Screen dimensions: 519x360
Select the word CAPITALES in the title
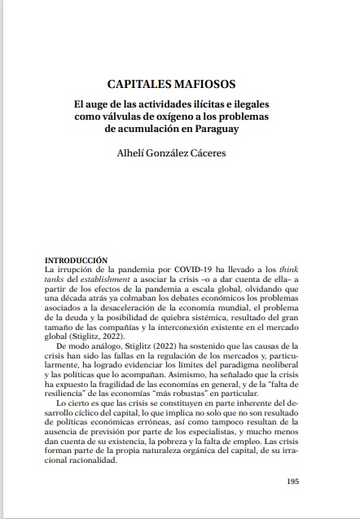pos(142,84)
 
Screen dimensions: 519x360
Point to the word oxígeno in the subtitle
pos(177,117)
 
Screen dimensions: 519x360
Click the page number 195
pos(293,482)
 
